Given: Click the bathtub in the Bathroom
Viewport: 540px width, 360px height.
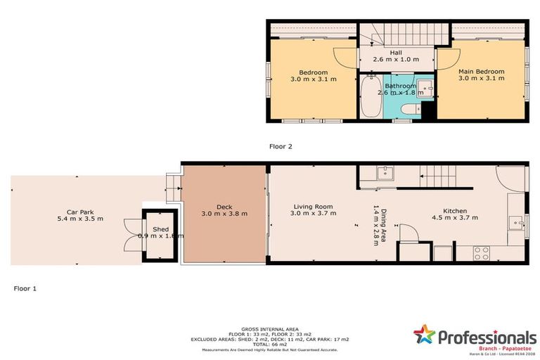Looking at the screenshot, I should click(x=371, y=99).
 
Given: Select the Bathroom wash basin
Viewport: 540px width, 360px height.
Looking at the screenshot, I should click(x=425, y=88).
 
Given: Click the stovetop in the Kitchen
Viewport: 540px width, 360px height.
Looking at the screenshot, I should click(x=482, y=253).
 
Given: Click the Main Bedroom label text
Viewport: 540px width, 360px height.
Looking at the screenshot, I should click(x=481, y=72).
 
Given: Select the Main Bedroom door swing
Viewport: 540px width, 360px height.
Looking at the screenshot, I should click(x=444, y=58).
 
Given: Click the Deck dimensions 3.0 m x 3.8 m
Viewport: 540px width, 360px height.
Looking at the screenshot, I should click(x=224, y=214).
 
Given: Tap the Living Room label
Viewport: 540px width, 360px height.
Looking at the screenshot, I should click(x=313, y=207).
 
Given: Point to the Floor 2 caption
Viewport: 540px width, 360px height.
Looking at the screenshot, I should click(x=281, y=147).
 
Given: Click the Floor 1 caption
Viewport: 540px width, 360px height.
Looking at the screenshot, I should click(x=25, y=288).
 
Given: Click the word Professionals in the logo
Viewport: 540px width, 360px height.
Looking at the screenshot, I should click(x=487, y=337).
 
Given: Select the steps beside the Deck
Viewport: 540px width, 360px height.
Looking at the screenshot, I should click(x=170, y=186).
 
